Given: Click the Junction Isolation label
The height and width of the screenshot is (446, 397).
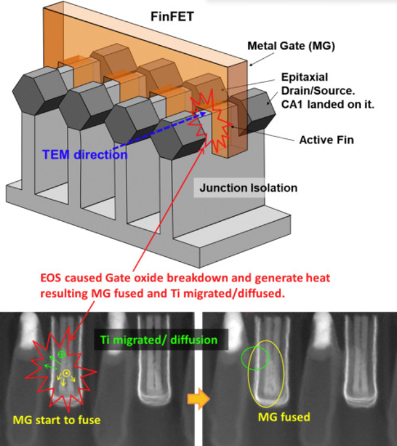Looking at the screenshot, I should click(248, 187).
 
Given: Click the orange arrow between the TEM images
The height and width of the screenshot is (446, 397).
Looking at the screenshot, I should click(198, 400).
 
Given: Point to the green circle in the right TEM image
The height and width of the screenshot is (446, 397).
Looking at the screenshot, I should click(255, 358).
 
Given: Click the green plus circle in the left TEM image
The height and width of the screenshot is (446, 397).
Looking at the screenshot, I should click(61, 355).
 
